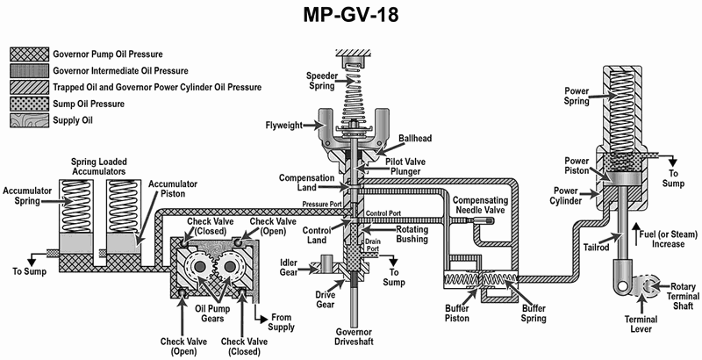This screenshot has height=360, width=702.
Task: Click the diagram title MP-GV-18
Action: (x=350, y=15)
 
